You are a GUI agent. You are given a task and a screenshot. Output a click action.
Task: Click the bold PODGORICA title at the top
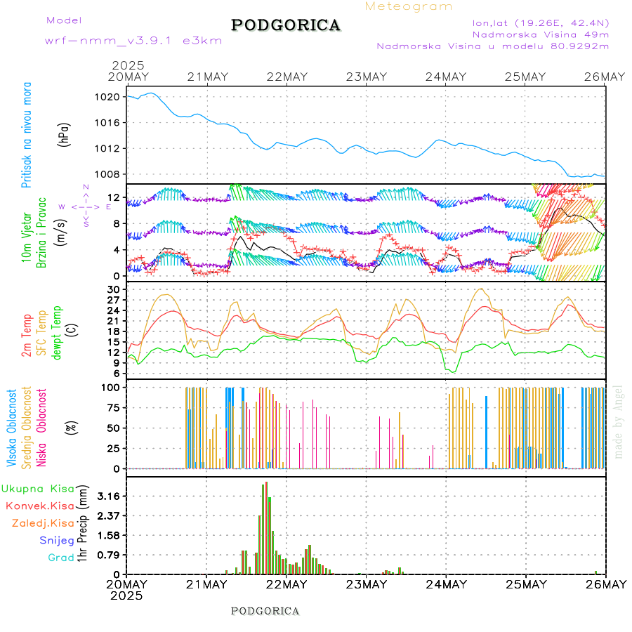286,25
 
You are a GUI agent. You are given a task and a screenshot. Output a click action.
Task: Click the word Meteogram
409,6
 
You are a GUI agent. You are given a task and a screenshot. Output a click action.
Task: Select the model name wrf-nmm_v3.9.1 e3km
133,40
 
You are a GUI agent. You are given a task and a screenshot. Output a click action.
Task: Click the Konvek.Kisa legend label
40,506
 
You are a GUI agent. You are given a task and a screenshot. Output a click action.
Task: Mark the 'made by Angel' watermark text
618,421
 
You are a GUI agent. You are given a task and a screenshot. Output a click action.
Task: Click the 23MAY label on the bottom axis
365,584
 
